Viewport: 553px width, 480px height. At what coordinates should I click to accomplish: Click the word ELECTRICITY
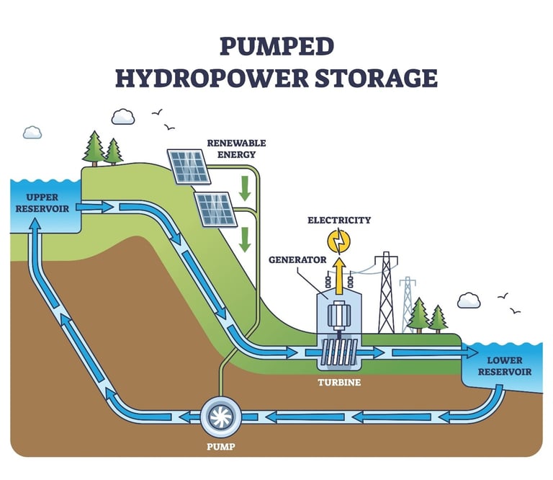pos(339,220)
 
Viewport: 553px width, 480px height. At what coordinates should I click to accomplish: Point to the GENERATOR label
pos(297,259)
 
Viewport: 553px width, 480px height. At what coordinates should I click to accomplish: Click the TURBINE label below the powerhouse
pos(339,382)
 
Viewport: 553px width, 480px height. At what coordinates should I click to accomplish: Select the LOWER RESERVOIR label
pos(509,366)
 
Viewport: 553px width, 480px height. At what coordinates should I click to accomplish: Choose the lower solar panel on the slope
pos(217,209)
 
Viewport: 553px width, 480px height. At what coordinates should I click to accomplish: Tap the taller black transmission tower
pos(387,292)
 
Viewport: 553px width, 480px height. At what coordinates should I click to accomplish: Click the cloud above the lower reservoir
pos(469,301)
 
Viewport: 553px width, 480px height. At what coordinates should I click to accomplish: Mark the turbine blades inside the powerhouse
pos(338,352)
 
